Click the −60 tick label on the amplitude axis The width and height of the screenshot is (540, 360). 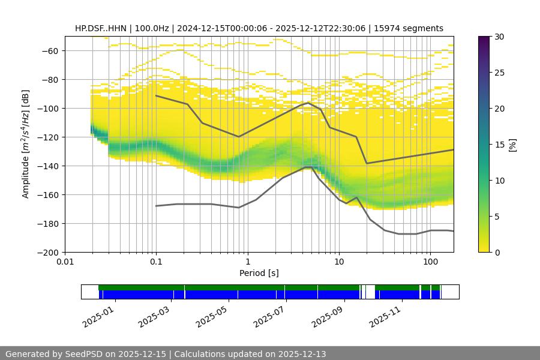click(x=49, y=50)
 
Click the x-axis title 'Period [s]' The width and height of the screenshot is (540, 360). click(x=259, y=274)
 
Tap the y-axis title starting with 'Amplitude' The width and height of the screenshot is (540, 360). click(x=26, y=144)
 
